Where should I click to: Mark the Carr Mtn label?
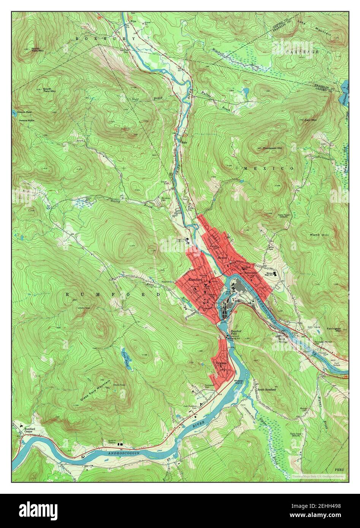click(x=311, y=120)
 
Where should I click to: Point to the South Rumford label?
click(x=266, y=390)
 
